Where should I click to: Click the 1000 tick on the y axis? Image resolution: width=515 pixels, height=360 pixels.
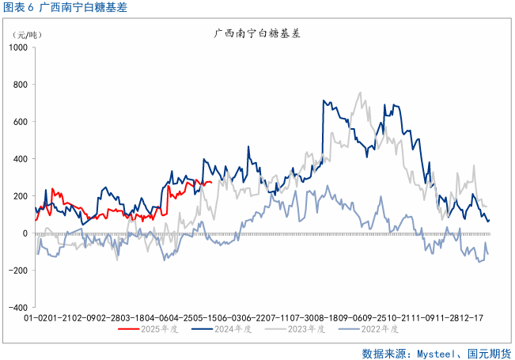click(x=18, y=47)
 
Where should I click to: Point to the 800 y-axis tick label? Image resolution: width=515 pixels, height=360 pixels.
click(x=21, y=85)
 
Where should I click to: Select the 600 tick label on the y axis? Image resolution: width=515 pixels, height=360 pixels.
click(x=21, y=122)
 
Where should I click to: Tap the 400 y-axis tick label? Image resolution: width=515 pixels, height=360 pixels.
click(x=21, y=159)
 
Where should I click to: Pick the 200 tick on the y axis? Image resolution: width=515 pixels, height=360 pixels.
click(x=21, y=196)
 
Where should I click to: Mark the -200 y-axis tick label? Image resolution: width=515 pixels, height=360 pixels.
click(x=20, y=271)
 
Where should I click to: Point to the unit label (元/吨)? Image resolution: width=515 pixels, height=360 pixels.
click(x=28, y=36)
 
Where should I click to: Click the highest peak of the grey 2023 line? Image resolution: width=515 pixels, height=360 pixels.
click(x=361, y=92)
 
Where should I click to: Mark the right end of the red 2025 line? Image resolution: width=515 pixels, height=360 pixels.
click(x=210, y=182)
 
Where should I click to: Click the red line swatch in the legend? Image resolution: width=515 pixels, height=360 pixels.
click(x=128, y=328)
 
